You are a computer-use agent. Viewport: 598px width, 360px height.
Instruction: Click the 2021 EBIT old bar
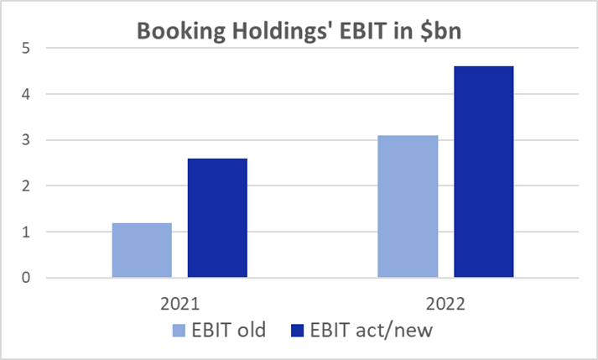(x=142, y=250)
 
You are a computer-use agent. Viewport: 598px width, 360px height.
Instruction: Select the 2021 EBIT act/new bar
(x=217, y=218)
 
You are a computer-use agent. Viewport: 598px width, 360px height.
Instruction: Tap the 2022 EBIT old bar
(x=408, y=206)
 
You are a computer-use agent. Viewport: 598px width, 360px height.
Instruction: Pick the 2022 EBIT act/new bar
(x=483, y=172)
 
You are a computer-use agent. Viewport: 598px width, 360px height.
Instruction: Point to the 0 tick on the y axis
(x=28, y=278)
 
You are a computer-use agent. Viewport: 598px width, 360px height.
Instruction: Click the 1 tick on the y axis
(x=28, y=232)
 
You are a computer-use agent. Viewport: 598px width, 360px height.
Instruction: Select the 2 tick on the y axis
(x=28, y=185)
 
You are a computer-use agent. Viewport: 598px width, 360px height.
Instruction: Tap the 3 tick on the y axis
(x=28, y=140)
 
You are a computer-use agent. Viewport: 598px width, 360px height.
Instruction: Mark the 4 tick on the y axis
(x=28, y=94)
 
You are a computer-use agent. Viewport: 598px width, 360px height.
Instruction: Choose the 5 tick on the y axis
(x=28, y=48)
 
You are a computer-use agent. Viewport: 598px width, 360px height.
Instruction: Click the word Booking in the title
(x=173, y=32)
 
